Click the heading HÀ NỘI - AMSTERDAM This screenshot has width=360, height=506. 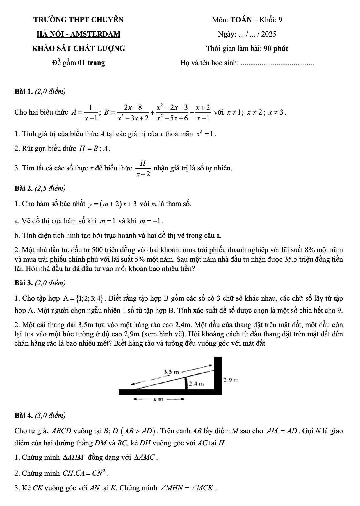[x=78, y=34]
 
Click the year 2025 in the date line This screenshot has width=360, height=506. [x=268, y=34]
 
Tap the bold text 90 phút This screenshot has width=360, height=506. [x=276, y=49]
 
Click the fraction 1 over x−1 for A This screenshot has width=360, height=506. [x=90, y=112]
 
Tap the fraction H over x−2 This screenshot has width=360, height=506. [x=143, y=168]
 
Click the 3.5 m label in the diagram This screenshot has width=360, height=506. [x=171, y=372]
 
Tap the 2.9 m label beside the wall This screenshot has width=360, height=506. [x=231, y=380]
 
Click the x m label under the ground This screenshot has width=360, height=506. [x=158, y=399]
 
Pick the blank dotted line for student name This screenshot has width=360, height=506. [x=277, y=64]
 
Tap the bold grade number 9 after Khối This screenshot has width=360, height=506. [x=281, y=20]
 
